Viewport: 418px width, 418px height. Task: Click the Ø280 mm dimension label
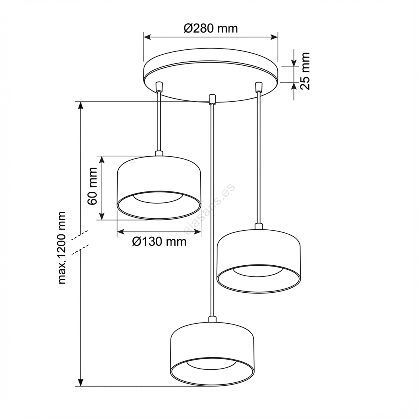(x=211, y=28)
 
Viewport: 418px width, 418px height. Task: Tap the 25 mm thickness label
(x=305, y=71)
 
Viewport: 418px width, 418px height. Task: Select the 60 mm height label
(x=92, y=186)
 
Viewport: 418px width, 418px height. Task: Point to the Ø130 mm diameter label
(x=159, y=242)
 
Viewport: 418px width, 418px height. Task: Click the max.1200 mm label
(x=62, y=248)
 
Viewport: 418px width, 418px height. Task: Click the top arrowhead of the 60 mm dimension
(x=102, y=160)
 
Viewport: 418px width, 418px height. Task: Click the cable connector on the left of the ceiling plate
(x=159, y=86)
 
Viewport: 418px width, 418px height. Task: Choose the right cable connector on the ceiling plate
(x=258, y=86)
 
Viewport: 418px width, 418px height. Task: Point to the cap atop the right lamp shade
(x=259, y=227)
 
